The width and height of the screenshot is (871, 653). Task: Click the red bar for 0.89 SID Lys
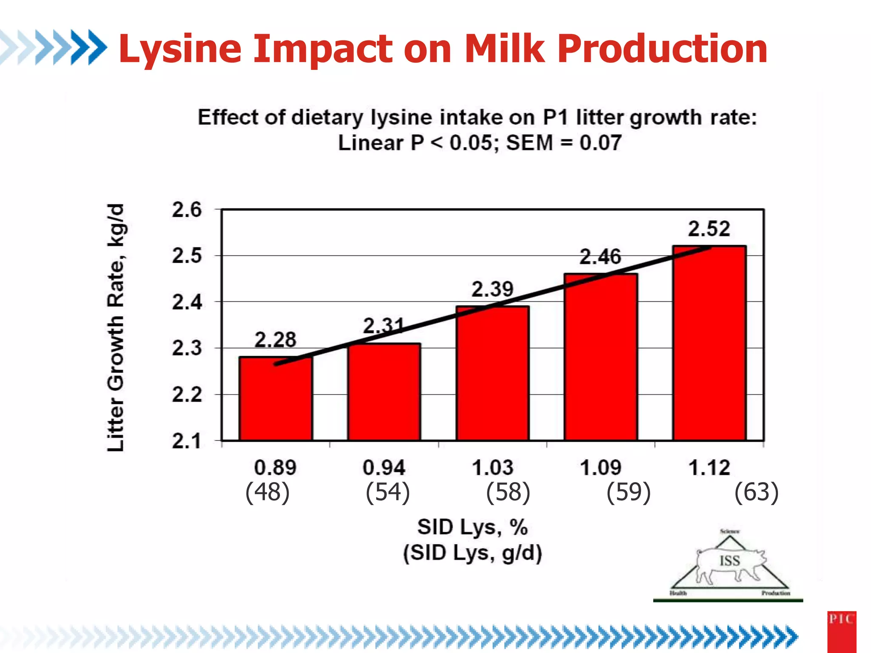point(276,400)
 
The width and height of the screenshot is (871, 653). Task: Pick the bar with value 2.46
point(601,357)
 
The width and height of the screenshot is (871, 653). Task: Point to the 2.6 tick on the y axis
point(187,210)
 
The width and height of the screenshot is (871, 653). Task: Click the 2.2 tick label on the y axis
point(187,395)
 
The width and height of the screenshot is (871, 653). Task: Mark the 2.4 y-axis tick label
point(187,302)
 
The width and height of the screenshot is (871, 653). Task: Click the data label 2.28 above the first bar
point(275,340)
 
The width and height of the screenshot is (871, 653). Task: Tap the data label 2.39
point(492,290)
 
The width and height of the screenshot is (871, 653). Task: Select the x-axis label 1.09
point(601,468)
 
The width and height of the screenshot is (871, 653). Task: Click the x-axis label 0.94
point(384,468)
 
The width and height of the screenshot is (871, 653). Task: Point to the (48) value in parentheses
point(268,492)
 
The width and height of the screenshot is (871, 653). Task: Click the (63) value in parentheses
point(757,492)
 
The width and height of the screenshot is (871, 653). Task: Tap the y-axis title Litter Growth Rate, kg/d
point(115,327)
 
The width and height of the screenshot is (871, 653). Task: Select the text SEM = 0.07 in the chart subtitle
point(564,143)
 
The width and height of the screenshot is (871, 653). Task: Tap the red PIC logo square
point(841,631)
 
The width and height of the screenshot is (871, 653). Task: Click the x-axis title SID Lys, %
point(472,527)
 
